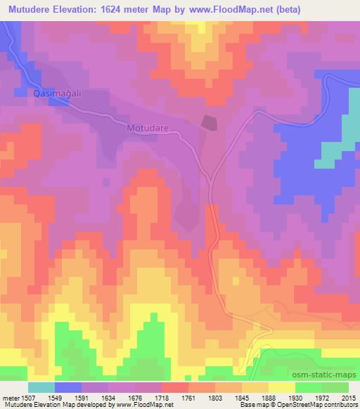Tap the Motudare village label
pos(148,129)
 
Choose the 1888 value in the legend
pos(267,398)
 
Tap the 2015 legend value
pos(347,398)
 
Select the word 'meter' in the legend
pos(9,398)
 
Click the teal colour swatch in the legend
pos(42,387)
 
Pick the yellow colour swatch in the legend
pos(282,387)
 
